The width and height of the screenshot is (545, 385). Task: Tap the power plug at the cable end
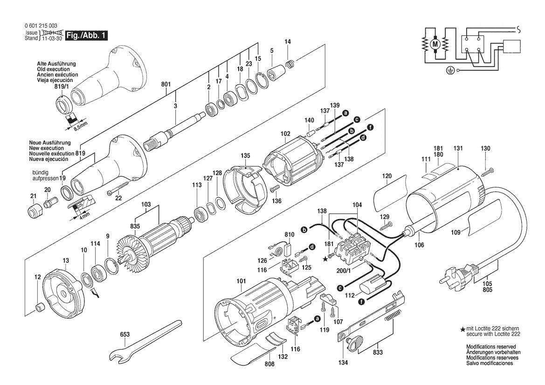(455, 275)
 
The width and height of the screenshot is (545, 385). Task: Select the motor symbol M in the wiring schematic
(435, 44)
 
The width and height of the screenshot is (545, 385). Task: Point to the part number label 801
(166, 85)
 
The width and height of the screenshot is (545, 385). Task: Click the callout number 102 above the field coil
(285, 133)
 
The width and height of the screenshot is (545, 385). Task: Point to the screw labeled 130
(488, 172)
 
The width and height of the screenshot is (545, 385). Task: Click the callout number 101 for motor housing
(240, 281)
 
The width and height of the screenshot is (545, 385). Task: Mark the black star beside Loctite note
(462, 330)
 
